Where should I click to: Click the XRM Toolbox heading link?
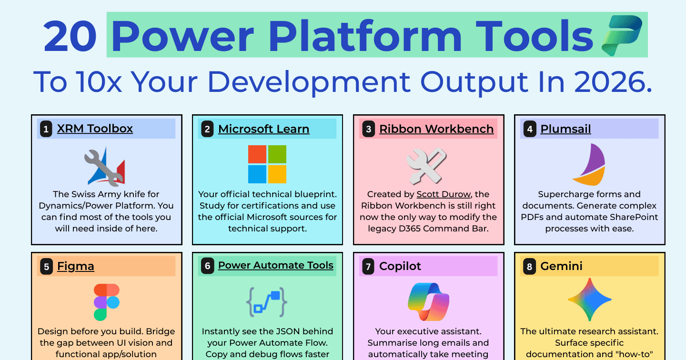[x=95, y=129]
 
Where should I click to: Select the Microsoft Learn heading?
[x=264, y=129]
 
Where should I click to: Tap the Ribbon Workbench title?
[x=436, y=129]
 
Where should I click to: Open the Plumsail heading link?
[x=565, y=129]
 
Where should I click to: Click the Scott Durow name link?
[x=444, y=194]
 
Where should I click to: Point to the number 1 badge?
[x=46, y=129]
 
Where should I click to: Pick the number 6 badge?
[x=207, y=266]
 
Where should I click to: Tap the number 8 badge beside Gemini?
[x=530, y=266]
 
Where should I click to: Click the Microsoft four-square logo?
[x=267, y=164]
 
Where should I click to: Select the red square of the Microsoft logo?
[x=257, y=154]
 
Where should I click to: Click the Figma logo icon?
[x=107, y=302]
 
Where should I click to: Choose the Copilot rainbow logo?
[x=428, y=302]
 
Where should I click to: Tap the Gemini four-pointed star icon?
[x=590, y=300]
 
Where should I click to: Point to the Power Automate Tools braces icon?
[x=267, y=302]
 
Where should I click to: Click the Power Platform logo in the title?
[x=622, y=36]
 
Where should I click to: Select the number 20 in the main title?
[x=70, y=36]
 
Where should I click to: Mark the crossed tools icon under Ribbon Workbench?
[x=427, y=166]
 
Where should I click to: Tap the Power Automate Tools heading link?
[x=276, y=265]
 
